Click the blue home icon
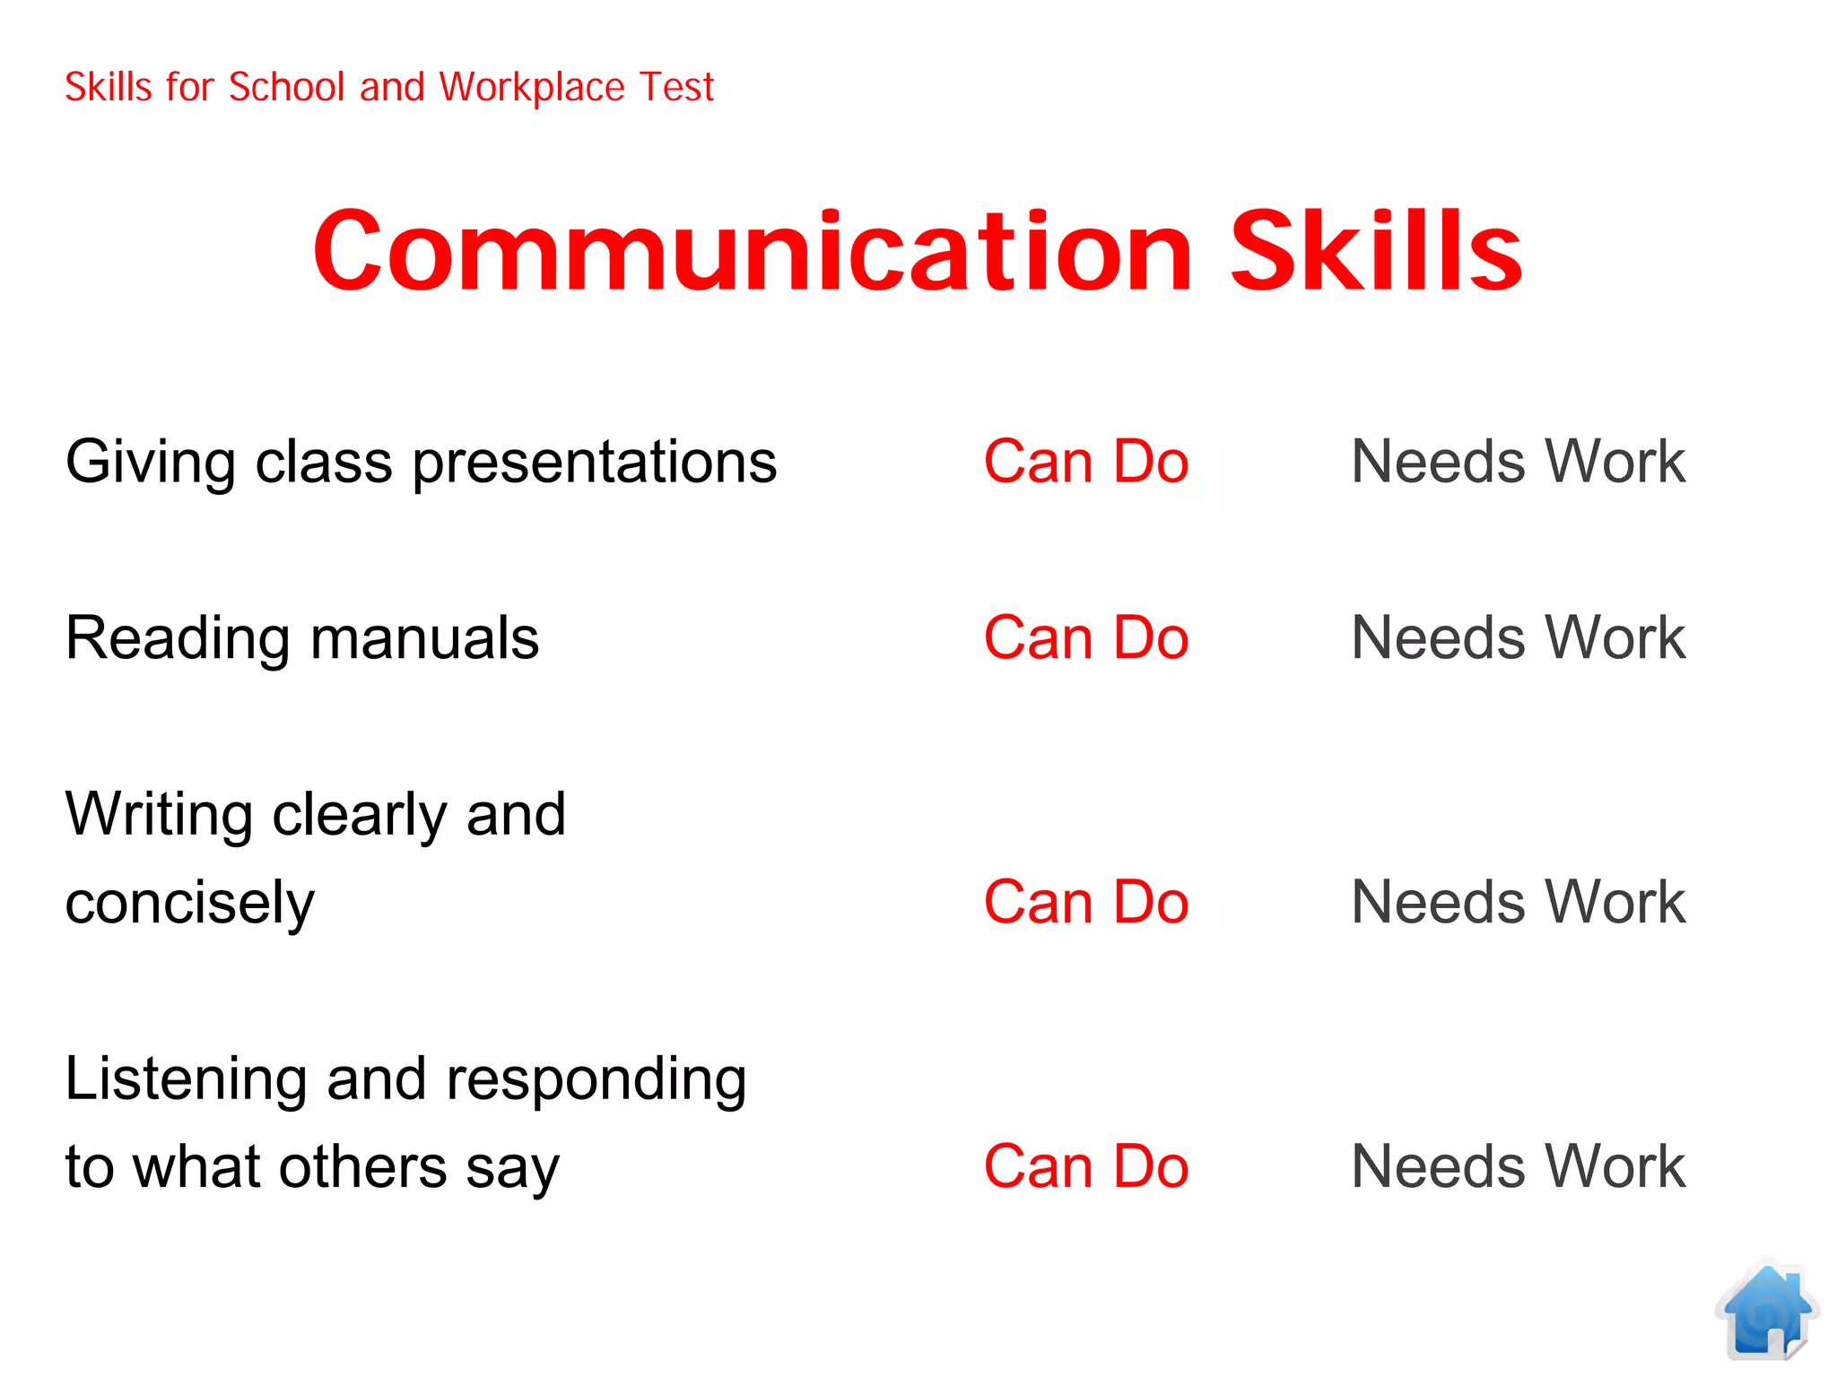[1766, 1311]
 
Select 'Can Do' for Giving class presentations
[1085, 462]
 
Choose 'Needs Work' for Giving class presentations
[1518, 462]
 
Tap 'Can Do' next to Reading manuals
[1085, 637]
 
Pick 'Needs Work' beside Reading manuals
[1518, 637]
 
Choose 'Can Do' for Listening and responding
[1085, 1166]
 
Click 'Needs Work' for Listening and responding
[1518, 1166]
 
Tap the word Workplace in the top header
[531, 88]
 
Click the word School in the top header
[287, 88]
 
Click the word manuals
[424, 638]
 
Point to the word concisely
[190, 904]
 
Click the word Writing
[160, 815]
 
